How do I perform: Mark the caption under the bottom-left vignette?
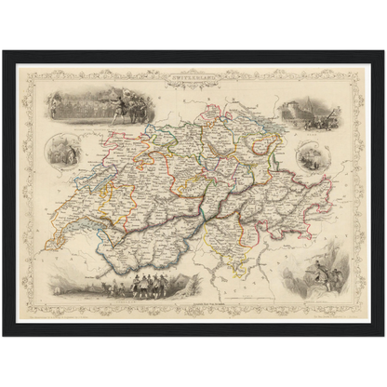pos(102,297)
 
